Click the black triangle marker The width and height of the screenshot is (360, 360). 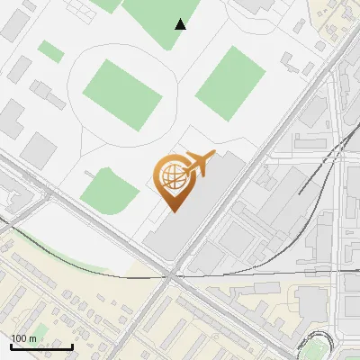tap(181, 24)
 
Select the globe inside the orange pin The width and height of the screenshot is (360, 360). tap(172, 176)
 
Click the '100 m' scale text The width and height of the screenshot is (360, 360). tap(24, 338)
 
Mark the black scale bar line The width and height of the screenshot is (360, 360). tap(41, 346)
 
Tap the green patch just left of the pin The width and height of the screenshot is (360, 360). tap(110, 187)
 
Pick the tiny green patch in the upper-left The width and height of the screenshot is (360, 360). tap(51, 51)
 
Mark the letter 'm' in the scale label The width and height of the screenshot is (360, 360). tap(33, 338)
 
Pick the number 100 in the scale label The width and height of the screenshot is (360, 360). tap(20, 338)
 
